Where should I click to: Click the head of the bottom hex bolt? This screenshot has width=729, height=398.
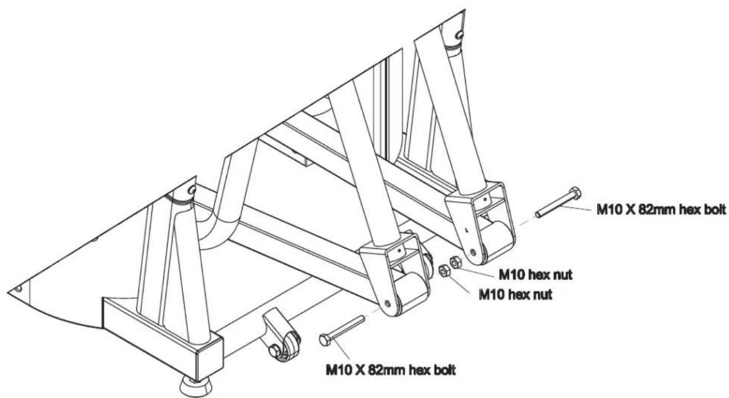point(325,340)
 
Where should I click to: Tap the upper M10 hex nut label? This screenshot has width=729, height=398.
point(535,275)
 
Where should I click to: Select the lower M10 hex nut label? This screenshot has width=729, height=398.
point(516,295)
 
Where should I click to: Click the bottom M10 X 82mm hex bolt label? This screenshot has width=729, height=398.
point(391,370)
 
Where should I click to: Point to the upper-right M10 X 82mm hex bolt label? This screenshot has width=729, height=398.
point(661,209)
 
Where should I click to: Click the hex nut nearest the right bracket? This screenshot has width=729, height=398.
point(455,262)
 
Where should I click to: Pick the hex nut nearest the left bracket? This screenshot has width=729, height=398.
point(444,271)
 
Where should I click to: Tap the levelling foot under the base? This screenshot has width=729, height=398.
point(195,387)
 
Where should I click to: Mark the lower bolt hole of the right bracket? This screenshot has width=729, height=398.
point(473,252)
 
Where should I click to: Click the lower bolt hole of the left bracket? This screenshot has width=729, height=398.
point(387,303)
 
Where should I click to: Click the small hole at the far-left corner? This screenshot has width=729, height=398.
point(18,288)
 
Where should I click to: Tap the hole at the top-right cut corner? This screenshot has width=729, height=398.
point(459,34)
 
